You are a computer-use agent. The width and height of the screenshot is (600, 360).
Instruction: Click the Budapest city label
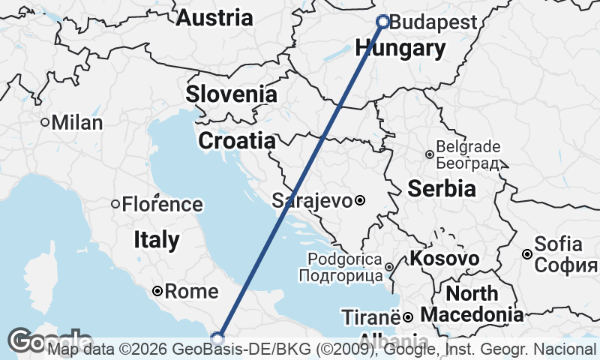[x=433, y=22]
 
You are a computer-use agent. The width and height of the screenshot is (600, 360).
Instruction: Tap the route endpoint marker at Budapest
[x=382, y=22]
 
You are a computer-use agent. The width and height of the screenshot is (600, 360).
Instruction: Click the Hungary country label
[x=400, y=49]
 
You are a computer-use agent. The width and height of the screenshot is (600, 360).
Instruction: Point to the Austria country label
[x=214, y=18]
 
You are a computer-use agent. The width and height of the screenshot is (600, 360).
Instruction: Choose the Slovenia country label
[x=231, y=94]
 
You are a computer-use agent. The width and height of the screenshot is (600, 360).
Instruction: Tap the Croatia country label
[x=236, y=140]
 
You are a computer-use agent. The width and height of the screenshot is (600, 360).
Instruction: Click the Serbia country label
[x=442, y=188]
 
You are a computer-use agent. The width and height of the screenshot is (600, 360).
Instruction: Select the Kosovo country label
[x=444, y=259]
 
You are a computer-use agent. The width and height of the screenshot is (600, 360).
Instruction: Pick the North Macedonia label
[x=472, y=303]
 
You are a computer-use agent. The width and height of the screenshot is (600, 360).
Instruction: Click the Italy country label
[x=156, y=240]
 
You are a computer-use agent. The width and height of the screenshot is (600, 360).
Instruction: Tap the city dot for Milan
[x=45, y=122]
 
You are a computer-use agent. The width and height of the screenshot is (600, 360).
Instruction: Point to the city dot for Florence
[x=115, y=204]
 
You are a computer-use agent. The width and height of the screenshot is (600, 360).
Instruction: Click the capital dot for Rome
[x=157, y=291]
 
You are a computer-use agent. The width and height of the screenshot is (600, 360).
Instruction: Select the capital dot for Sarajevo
[x=360, y=200]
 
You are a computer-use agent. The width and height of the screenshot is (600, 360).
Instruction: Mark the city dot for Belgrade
[x=429, y=154]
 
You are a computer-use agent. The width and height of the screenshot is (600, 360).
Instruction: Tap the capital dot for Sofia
[x=527, y=254]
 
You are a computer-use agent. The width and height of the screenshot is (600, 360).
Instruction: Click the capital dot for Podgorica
[x=389, y=267]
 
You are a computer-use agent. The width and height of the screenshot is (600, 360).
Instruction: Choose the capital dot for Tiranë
[x=407, y=316]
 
